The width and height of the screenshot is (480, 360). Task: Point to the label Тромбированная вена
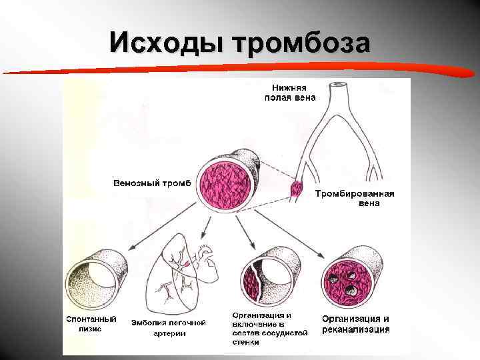point(355,199)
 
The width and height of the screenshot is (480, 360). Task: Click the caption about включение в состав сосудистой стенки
point(269,328)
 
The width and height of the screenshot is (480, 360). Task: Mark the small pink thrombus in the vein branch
point(296,189)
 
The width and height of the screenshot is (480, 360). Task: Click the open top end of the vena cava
point(339,85)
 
